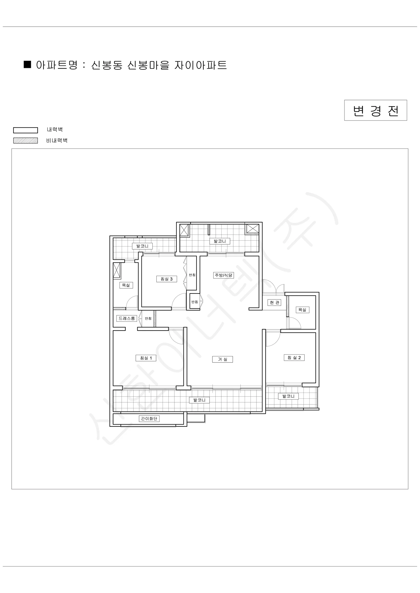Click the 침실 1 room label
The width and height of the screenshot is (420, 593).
(x=146, y=358)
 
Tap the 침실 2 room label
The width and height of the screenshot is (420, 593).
(x=294, y=358)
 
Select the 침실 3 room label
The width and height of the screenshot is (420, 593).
(x=166, y=279)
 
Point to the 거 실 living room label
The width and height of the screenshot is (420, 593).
(x=222, y=359)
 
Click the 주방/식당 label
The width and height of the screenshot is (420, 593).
(x=223, y=275)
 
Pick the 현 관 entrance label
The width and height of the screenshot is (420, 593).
(x=274, y=302)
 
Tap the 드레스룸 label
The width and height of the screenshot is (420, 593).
(x=126, y=318)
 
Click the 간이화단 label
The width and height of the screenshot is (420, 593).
(x=149, y=419)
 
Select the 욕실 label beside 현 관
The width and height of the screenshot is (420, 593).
(x=302, y=310)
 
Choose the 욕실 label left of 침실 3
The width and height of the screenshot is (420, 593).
(x=126, y=285)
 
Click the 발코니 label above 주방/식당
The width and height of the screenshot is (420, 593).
(x=220, y=241)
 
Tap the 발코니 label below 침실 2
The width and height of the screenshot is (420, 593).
(x=288, y=396)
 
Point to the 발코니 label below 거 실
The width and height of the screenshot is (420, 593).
(x=199, y=400)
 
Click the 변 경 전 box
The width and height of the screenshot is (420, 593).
(x=375, y=110)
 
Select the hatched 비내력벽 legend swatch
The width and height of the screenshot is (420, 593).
(x=26, y=141)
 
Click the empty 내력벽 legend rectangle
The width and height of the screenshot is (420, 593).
(x=26, y=130)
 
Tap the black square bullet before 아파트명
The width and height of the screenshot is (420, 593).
(x=27, y=64)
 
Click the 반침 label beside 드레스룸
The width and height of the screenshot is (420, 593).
(x=148, y=318)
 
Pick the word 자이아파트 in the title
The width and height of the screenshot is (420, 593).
(x=200, y=65)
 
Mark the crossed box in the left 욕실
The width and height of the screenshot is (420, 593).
(x=117, y=271)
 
